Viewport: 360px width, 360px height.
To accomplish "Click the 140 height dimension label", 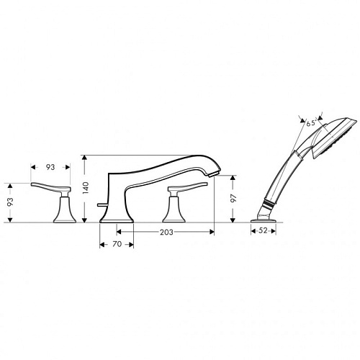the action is [86, 188].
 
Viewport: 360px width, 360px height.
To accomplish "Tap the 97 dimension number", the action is [233, 198].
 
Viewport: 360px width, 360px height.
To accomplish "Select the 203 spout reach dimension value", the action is [166, 232].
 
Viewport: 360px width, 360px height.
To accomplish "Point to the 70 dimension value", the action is [117, 244].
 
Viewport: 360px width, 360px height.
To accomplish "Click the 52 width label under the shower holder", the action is [264, 230].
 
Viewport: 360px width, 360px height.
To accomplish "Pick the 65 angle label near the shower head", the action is [310, 123].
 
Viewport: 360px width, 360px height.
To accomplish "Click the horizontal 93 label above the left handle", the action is [50, 167].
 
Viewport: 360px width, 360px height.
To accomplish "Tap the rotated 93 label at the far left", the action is [10, 202].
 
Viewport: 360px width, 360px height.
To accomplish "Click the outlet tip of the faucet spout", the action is [214, 174].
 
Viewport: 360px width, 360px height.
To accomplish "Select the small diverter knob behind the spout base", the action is [102, 204].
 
